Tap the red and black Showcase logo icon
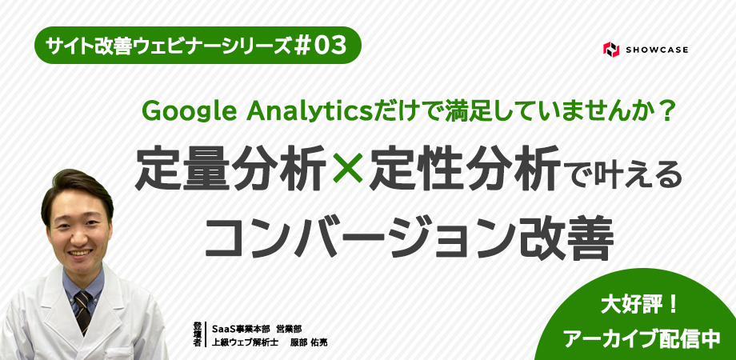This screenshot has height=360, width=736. click(610, 50)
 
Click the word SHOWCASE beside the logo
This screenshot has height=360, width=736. click(657, 50)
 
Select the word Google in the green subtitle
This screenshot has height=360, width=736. click(188, 111)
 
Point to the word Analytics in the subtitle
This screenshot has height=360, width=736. click(309, 111)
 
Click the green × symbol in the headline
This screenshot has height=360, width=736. click(347, 169)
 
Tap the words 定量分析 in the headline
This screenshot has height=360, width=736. click(230, 168)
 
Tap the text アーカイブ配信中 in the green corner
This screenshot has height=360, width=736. click(642, 338)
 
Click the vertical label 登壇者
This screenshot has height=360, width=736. click(197, 334)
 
